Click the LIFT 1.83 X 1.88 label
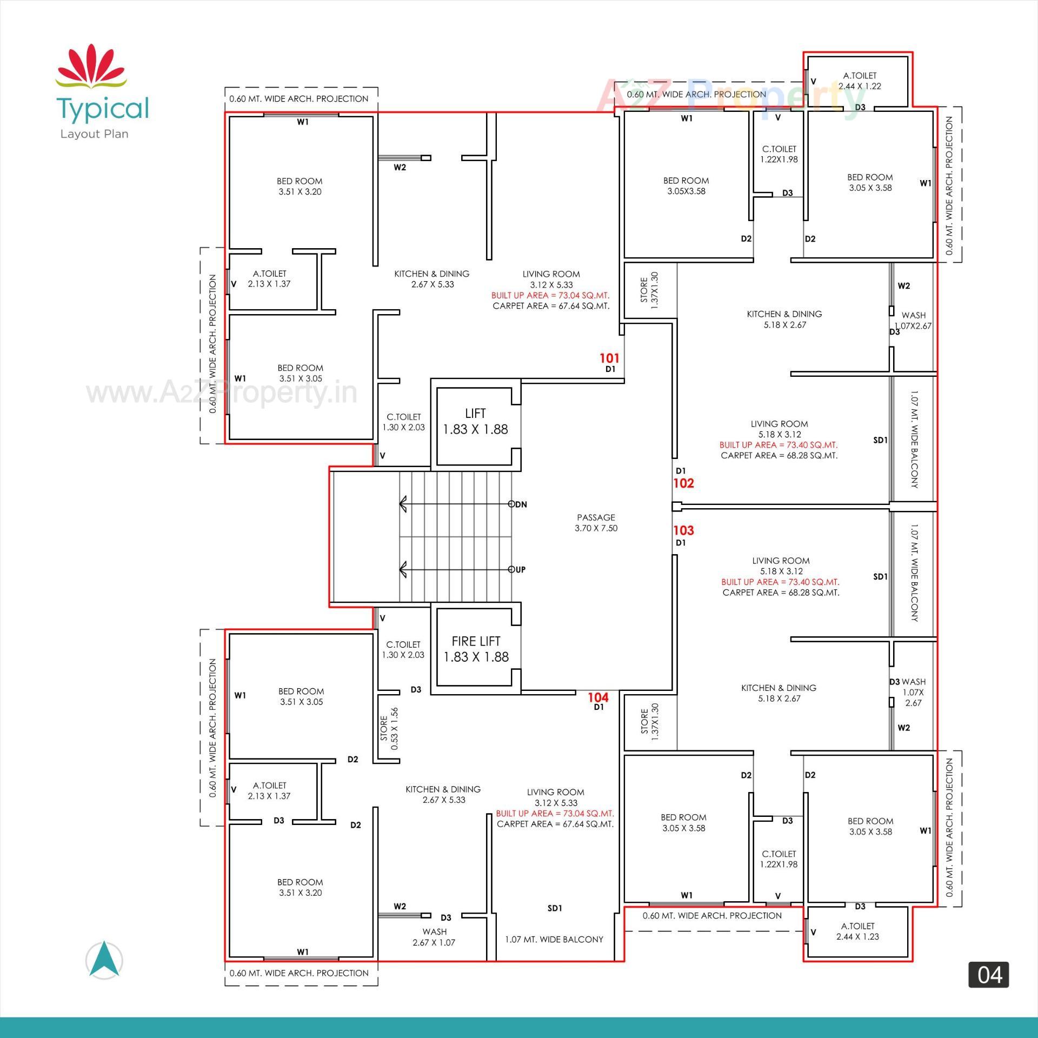pyautogui.click(x=475, y=422)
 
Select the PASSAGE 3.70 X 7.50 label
pyautogui.click(x=596, y=523)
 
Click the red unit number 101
pyautogui.click(x=609, y=358)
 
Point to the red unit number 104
pyautogui.click(x=598, y=697)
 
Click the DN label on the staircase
pyautogui.click(x=521, y=504)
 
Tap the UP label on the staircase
pyautogui.click(x=520, y=569)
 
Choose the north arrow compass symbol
pyautogui.click(x=104, y=960)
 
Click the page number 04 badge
pyautogui.click(x=989, y=975)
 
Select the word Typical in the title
pyautogui.click(x=103, y=108)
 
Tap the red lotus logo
pyautogui.click(x=91, y=68)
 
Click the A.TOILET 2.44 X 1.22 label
pyautogui.click(x=860, y=81)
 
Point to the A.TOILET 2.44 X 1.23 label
pyautogui.click(x=857, y=931)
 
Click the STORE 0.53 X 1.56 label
pyautogui.click(x=389, y=728)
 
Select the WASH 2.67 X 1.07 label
pyautogui.click(x=434, y=937)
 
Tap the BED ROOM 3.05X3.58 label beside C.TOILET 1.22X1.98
pyautogui.click(x=686, y=185)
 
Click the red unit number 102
pyautogui.click(x=683, y=483)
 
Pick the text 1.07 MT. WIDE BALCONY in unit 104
pyautogui.click(x=554, y=940)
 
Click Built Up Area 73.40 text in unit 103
pyautogui.click(x=780, y=582)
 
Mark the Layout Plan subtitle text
pyautogui.click(x=95, y=134)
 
